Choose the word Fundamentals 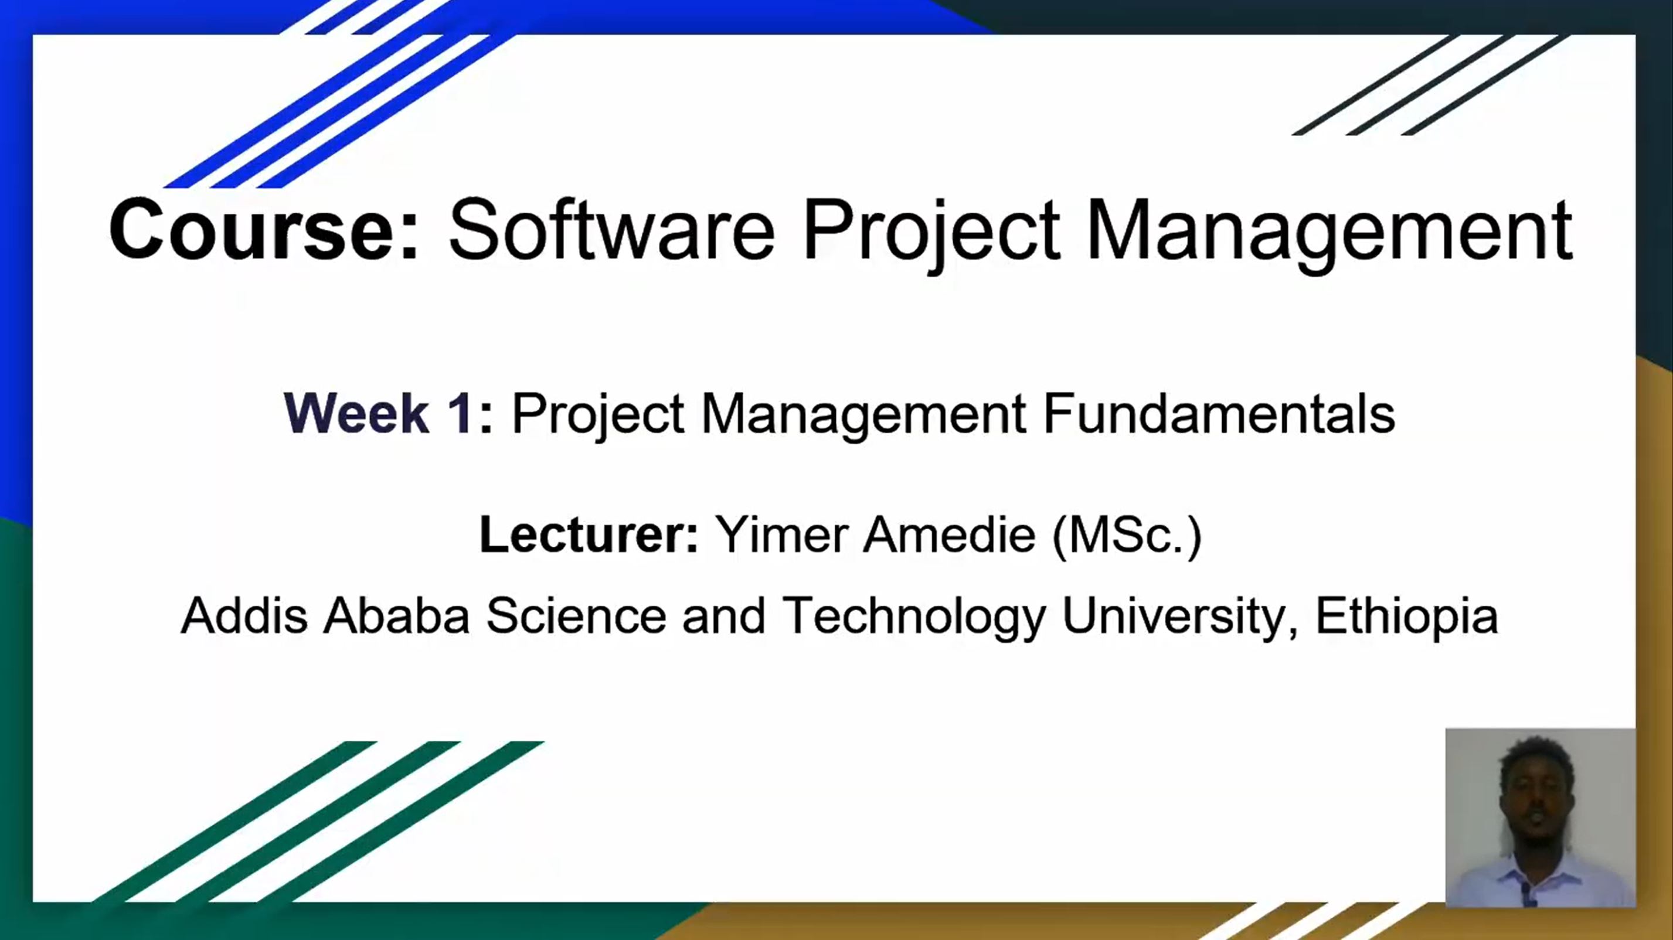[1219, 413]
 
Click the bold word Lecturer [589, 534]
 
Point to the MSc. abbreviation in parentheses [1127, 536]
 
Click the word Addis [244, 615]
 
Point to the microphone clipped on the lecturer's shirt [1527, 893]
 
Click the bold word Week [356, 413]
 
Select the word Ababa [397, 615]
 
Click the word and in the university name [723, 615]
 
